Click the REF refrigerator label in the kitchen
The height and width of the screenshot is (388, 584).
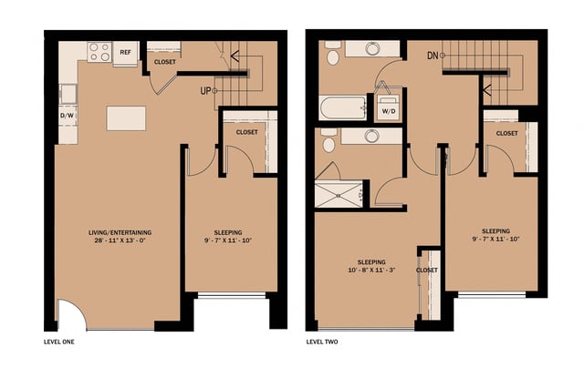[x=127, y=52]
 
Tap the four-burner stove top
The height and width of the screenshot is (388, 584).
[x=99, y=52]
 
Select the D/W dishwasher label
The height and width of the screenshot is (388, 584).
[x=67, y=117]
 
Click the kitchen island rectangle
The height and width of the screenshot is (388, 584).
[x=126, y=119]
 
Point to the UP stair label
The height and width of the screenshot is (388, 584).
[x=207, y=91]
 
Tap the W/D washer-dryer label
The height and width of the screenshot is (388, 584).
[x=389, y=111]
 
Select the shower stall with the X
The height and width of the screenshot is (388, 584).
[x=339, y=193]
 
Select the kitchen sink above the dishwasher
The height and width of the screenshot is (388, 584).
[x=67, y=92]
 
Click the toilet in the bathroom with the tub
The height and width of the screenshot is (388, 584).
[x=333, y=57]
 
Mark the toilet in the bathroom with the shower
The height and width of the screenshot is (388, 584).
[x=328, y=138]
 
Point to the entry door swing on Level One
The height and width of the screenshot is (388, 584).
[x=71, y=317]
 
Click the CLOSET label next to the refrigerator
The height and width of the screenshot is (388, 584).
[x=165, y=62]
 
